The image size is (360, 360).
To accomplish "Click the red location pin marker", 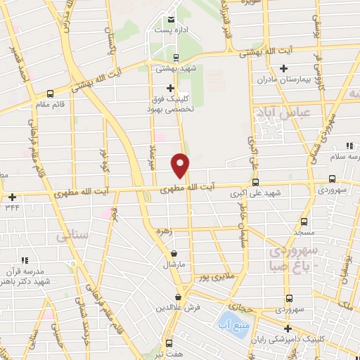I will point(181,165).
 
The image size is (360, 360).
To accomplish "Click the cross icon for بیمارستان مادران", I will point(283,68).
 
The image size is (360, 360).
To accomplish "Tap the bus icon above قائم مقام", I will point(50,94).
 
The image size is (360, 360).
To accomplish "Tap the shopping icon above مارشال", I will point(174,253).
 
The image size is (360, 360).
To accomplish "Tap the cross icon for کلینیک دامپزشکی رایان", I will point(287,328).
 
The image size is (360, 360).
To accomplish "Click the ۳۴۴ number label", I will point(12,207).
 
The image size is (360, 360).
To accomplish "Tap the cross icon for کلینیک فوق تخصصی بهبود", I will point(170,88).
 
